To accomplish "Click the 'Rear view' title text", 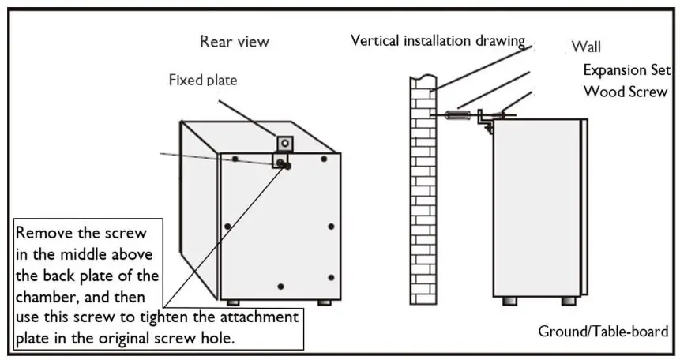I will click(235, 41).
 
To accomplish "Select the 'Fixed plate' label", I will click(202, 80).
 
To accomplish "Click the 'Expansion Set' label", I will click(626, 69).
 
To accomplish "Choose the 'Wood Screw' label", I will click(625, 92).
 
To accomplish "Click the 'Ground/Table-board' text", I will click(603, 331).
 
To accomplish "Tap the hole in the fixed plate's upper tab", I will click(285, 143).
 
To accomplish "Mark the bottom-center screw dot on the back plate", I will click(282, 284).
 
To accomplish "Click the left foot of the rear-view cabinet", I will click(233, 302).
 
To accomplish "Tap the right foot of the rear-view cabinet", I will click(325, 302).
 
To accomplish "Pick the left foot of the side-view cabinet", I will click(505, 302).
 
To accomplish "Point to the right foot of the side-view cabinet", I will click(568, 302).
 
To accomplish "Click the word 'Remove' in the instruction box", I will click(41, 234).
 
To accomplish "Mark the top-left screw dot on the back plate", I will click(235, 159).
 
